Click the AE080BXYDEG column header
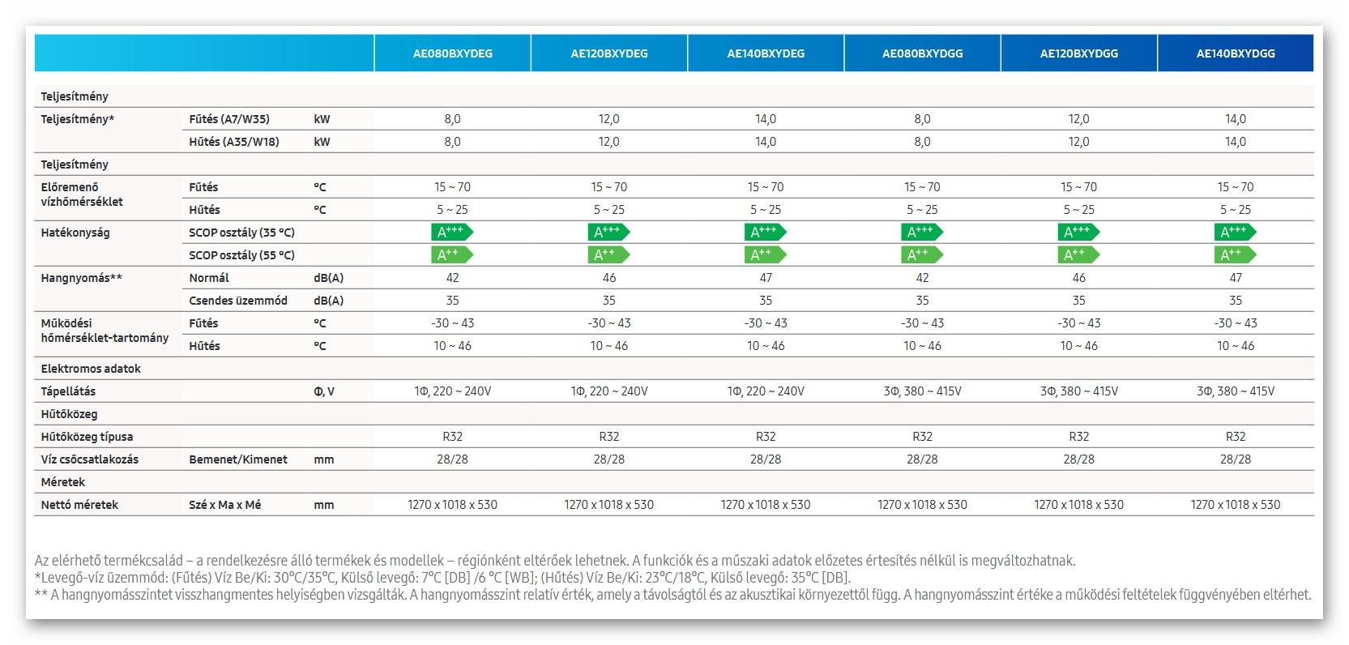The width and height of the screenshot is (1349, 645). [x=452, y=53]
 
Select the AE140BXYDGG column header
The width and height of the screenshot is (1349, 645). [x=1235, y=53]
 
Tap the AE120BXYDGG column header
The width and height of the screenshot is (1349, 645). [x=1078, y=53]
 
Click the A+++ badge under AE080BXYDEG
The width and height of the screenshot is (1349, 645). [x=451, y=233]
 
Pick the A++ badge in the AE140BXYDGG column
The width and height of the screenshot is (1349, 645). [x=1235, y=255]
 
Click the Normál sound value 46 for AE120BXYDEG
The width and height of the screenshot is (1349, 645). [x=608, y=278]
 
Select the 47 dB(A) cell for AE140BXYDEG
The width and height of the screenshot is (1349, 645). [x=765, y=278]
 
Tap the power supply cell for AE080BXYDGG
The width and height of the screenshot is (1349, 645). [x=922, y=391]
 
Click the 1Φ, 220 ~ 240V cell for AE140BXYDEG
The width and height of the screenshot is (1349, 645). [x=765, y=391]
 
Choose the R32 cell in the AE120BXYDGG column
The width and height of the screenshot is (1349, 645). [x=1078, y=437]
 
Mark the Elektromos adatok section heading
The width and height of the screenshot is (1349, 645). [x=91, y=369]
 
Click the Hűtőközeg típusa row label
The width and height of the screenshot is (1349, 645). [x=87, y=437]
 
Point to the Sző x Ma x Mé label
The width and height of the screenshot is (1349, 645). [x=224, y=505]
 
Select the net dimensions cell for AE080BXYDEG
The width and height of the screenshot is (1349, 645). [x=452, y=505]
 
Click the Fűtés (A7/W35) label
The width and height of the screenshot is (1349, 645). [x=228, y=119]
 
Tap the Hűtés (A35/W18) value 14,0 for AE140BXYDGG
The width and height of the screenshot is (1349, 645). [x=1235, y=142]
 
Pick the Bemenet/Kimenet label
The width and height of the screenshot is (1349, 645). [x=238, y=459]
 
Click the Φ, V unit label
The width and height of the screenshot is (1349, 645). [x=323, y=391]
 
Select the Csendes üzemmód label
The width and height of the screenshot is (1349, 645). [x=238, y=301]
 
